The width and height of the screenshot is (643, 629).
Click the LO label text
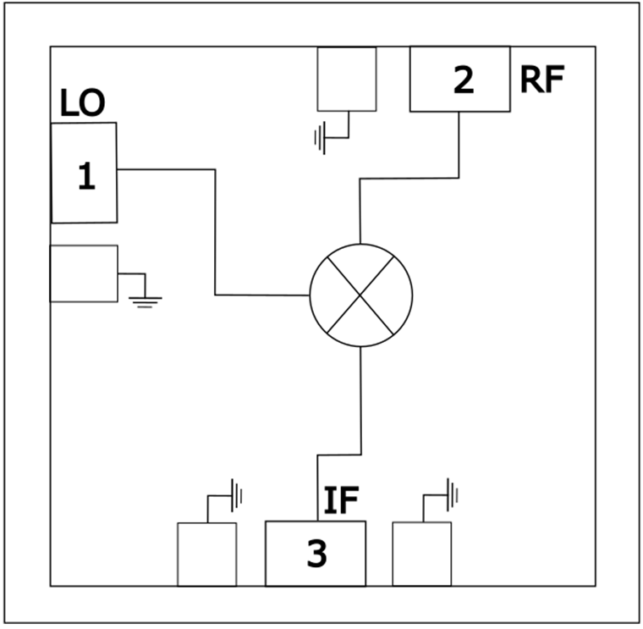pos(82,105)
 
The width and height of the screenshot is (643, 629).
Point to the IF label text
pos(342,502)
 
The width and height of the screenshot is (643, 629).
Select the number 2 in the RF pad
pos(463,80)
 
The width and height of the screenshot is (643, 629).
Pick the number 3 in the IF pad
pos(316,555)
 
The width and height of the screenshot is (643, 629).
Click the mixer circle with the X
pos(361,295)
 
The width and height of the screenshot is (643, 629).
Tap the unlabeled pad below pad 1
pos(84,273)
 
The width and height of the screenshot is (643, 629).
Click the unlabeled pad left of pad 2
pos(346,79)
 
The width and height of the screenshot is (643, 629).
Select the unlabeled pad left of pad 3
pos(206,554)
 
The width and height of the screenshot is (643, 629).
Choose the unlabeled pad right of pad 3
pos(421,554)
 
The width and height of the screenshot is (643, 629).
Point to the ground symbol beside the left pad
pos(145,297)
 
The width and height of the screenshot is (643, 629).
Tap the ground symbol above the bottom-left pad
pos(236,494)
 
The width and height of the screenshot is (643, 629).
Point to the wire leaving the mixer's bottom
pos(361,398)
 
